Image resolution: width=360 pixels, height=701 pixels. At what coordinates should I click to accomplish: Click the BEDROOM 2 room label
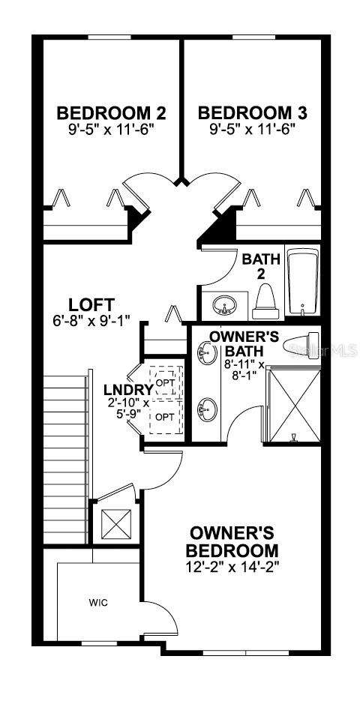(111, 113)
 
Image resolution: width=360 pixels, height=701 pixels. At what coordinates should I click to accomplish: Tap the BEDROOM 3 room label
(253, 113)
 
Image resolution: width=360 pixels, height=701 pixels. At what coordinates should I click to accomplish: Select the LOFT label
(91, 304)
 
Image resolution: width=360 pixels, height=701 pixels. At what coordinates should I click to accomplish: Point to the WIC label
(98, 603)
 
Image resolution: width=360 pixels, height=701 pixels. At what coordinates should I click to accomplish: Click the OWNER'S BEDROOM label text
(232, 541)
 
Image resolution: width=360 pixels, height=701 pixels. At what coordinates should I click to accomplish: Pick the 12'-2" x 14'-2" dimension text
(232, 567)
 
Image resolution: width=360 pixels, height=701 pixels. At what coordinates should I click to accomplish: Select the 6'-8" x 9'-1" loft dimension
(93, 321)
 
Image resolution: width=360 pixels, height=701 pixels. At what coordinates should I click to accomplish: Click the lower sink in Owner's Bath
(207, 409)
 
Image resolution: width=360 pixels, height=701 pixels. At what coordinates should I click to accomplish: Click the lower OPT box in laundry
(166, 416)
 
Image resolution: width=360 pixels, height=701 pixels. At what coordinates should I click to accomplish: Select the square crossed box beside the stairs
(117, 524)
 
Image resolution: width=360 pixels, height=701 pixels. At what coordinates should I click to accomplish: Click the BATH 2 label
(261, 266)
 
